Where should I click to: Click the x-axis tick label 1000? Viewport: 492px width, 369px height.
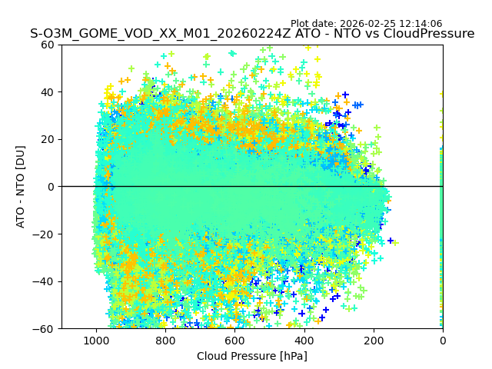(x=96, y=341)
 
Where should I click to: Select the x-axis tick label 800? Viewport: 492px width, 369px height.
(x=165, y=341)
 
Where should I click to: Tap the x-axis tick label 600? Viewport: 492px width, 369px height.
(x=234, y=341)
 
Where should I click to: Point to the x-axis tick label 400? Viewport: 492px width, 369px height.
(x=304, y=341)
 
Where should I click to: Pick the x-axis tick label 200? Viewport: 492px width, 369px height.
(x=374, y=341)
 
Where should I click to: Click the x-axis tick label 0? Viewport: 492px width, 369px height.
(x=443, y=341)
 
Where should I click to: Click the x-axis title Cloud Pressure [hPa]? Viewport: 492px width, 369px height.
(x=252, y=356)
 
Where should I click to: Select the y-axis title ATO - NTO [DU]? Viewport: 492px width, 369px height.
(x=21, y=187)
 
